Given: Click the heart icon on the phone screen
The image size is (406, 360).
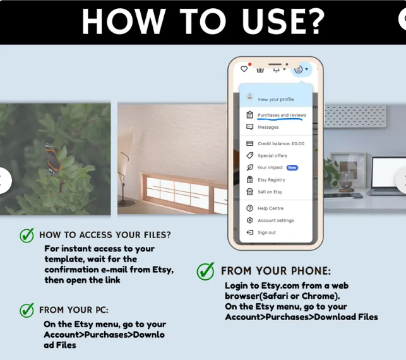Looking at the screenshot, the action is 244,69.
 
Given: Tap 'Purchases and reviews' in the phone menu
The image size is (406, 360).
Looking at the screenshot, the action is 282,115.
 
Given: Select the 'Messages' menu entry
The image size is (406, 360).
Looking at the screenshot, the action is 268,127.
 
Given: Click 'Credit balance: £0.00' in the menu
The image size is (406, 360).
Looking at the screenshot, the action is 281,143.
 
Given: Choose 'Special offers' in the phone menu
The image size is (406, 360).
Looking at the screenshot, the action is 272,155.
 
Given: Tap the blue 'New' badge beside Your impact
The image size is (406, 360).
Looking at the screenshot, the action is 292,167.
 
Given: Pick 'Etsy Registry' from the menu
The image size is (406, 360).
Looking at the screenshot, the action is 272,180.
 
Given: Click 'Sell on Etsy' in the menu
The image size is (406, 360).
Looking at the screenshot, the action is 270,192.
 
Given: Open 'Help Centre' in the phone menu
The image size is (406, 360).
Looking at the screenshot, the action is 271,208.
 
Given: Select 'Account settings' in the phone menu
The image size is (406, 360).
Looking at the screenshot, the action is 276,220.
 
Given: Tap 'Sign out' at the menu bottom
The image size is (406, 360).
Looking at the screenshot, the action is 266,232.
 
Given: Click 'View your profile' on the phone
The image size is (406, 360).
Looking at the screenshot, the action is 276,99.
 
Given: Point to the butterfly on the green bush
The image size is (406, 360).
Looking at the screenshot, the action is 53,159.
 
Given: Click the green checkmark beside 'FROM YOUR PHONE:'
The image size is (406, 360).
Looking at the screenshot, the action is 206,271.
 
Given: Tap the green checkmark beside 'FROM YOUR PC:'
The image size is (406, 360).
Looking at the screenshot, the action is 27,310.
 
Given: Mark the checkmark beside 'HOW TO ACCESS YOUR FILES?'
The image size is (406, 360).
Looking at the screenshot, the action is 27,235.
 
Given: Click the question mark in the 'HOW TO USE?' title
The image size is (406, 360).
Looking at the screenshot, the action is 314,21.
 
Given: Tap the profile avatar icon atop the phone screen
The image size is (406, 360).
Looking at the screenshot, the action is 298,69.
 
